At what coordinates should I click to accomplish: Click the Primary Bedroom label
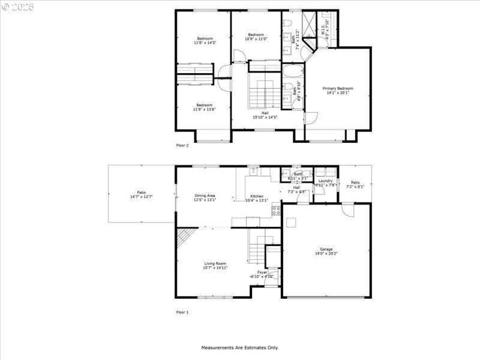pos(337,88)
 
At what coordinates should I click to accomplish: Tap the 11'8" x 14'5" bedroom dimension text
pos(205,43)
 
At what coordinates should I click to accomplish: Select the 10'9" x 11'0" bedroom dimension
pos(256,39)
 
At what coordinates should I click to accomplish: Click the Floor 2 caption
pos(182,145)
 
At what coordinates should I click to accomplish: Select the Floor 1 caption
pos(182,312)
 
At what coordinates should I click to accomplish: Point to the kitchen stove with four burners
pos(277,210)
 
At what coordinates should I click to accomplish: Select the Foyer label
pos(262,272)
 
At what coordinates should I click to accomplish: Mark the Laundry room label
pos(326,181)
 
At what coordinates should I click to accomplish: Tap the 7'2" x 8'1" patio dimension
pos(355,187)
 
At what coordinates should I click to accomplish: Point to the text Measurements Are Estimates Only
pos(239,347)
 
